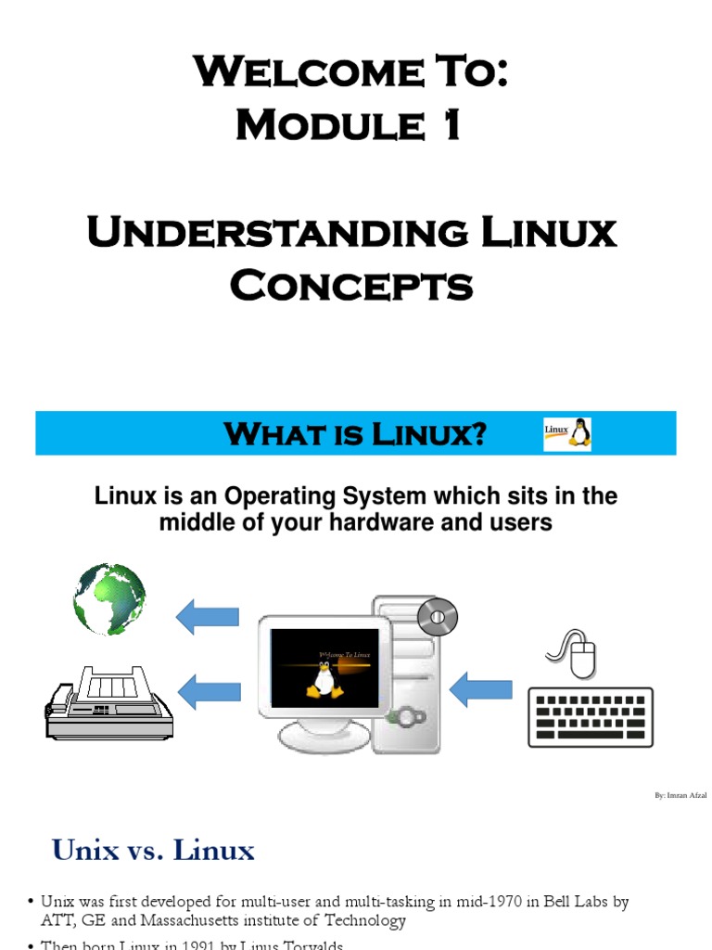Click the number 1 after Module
[450, 125]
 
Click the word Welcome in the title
[279, 71]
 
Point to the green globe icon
[109, 598]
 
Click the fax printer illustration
[108, 702]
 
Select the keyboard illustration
[591, 717]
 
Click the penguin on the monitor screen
[323, 680]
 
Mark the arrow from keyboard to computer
[480, 688]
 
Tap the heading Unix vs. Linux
[153, 850]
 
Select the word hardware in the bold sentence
[363, 522]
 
